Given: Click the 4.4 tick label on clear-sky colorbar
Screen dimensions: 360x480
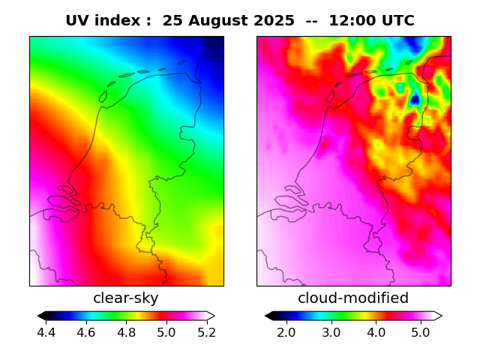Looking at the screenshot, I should point(46,332).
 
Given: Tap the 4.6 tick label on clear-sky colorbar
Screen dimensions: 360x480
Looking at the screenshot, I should point(86,332).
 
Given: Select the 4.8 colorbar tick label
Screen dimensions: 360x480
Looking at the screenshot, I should point(126,332).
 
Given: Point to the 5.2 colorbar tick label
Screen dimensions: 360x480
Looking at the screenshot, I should point(205,332).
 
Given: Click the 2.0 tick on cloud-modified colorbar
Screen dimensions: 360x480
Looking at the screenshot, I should point(286,332).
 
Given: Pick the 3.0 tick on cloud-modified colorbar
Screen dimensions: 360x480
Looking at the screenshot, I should point(331,332).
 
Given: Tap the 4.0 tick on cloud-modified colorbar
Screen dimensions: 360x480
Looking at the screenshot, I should point(376,332).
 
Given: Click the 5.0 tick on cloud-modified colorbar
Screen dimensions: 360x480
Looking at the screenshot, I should point(421,332).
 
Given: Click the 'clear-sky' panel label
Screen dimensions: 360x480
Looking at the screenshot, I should point(126,298).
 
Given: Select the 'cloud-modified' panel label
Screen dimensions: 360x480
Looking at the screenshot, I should point(353,298).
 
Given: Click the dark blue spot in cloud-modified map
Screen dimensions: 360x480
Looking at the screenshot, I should point(415,98).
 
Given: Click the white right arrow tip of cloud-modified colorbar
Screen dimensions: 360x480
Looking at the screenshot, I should point(438,316).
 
